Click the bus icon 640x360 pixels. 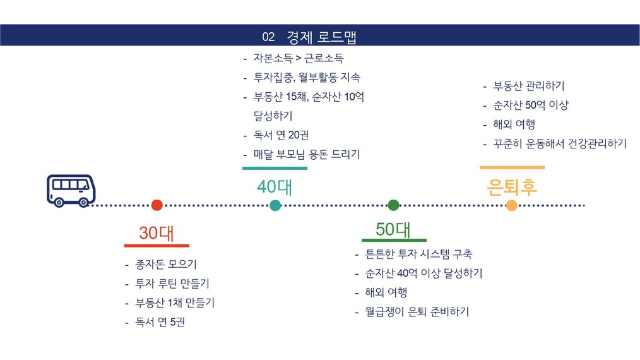[71, 191]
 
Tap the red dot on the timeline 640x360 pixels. [157, 205]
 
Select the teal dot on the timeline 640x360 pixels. [276, 205]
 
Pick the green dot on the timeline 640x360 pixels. [393, 205]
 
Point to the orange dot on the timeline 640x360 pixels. [511, 205]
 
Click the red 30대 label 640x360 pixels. [157, 233]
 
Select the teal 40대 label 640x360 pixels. [275, 187]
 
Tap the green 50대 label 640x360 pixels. [393, 229]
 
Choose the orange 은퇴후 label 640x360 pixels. [512, 187]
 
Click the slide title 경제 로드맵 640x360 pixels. [322, 37]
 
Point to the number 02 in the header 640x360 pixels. [268, 37]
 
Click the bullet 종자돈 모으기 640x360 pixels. [166, 265]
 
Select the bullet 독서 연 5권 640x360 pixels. [160, 322]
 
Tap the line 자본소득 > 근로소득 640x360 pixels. [299, 58]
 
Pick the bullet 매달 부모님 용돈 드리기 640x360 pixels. [307, 155]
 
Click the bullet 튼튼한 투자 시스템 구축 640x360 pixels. [418, 254]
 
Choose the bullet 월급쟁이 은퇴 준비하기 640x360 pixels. [417, 312]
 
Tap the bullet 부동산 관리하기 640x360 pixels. [529, 86]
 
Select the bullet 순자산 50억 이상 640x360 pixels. [531, 105]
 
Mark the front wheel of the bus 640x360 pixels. [83, 202]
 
